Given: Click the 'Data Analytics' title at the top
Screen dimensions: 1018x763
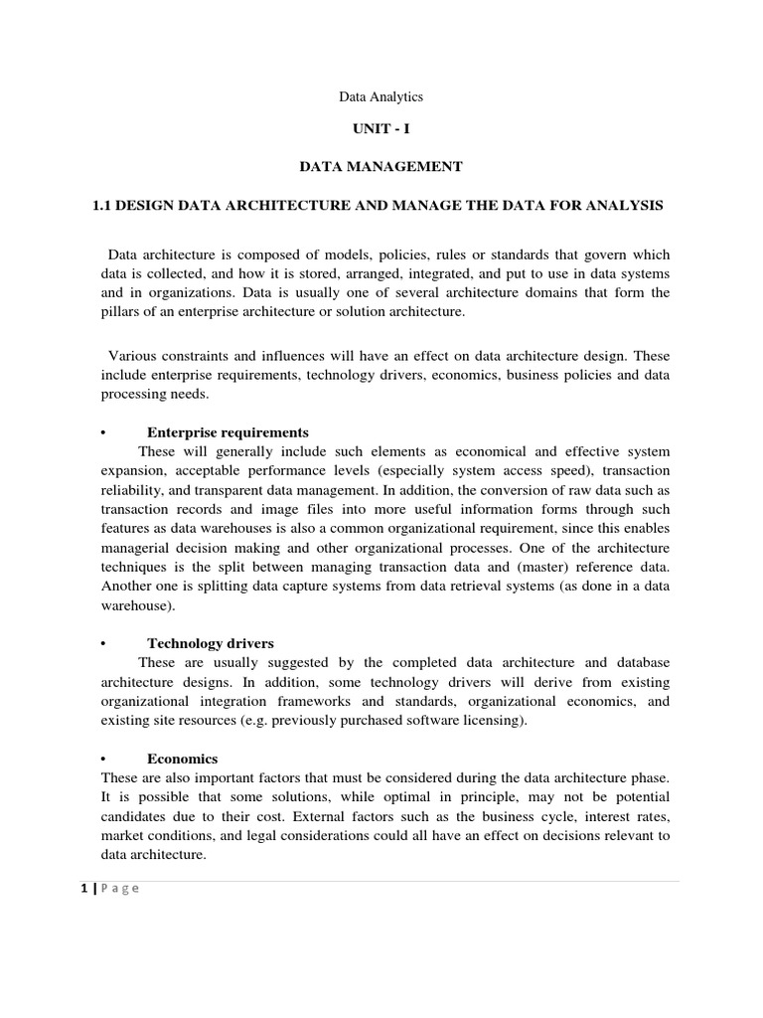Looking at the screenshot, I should [381, 96].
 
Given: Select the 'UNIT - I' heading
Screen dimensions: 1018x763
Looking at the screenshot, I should [381, 130].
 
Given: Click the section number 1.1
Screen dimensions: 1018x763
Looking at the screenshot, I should [102, 205].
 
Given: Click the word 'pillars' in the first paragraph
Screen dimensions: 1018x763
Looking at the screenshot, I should [122, 312].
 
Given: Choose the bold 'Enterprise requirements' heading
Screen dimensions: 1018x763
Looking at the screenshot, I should [228, 432].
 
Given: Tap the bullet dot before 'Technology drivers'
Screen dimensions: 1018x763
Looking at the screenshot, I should [103, 644].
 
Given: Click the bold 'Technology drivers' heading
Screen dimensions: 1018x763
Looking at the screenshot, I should [211, 644].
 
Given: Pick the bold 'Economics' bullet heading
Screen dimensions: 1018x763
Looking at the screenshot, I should [182, 759].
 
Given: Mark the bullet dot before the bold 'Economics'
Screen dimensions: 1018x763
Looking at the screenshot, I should [103, 759].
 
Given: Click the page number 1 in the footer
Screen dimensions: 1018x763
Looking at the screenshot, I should [85, 889].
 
